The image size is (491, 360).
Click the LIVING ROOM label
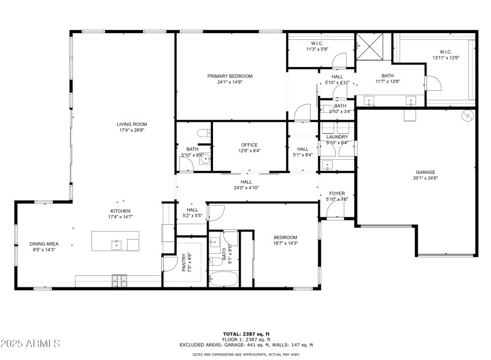tap(132, 124)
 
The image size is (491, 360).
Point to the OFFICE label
tap(249, 145)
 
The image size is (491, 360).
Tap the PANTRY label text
tap(184, 263)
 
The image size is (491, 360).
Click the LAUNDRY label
tap(337, 137)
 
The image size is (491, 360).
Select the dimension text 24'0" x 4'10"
tap(246, 188)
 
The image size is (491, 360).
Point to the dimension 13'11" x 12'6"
tap(446, 58)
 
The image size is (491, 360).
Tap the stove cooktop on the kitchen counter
tap(118, 280)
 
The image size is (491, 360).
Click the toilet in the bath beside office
tap(202, 133)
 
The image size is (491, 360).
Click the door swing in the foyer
tap(334, 211)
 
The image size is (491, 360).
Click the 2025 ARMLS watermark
tap(31, 342)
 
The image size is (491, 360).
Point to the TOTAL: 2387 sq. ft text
tap(245, 333)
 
